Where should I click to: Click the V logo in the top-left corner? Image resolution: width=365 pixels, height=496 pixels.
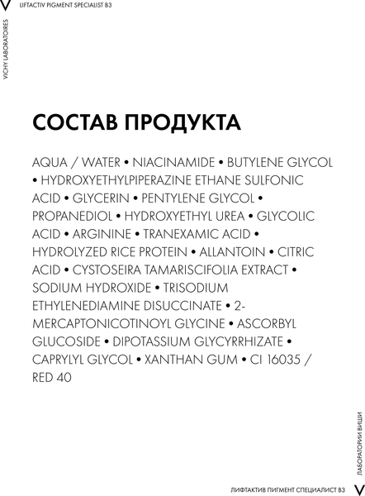click(7, 7)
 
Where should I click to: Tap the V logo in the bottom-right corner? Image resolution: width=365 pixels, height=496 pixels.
click(357, 489)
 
